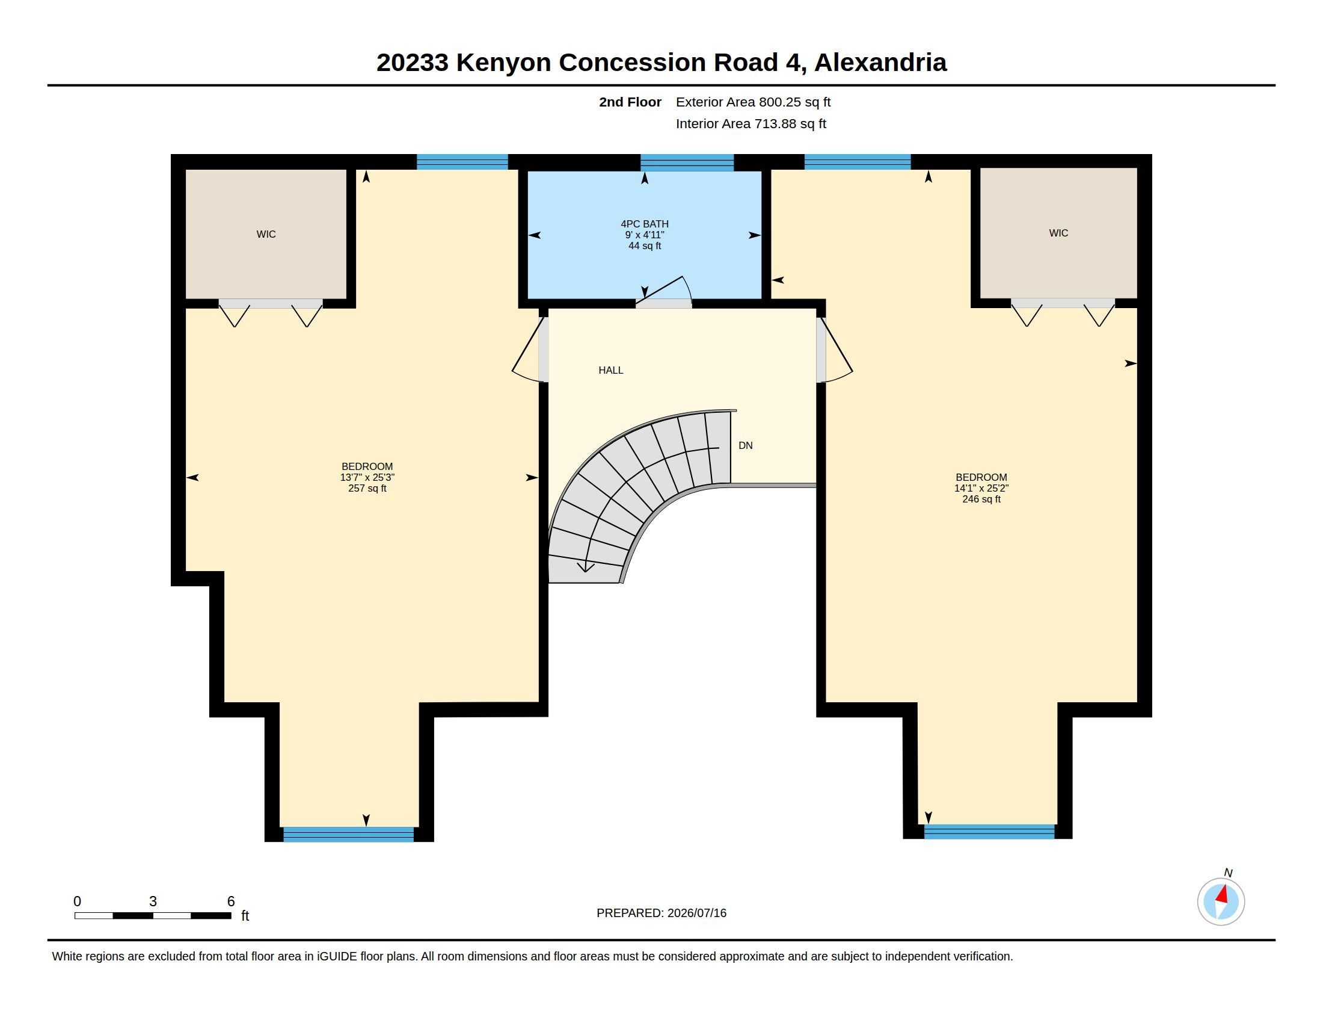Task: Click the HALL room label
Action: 610,370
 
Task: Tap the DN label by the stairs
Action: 745,445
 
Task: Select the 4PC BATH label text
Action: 645,224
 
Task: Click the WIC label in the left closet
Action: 266,234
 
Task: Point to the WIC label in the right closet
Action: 1058,233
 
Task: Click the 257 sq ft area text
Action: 367,489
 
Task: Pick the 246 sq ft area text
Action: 981,499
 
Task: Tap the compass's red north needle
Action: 1223,894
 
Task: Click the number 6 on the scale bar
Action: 231,901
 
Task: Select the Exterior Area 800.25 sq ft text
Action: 753,102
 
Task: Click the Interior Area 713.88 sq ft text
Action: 751,123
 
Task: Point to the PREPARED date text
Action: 661,913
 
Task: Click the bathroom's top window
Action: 687,162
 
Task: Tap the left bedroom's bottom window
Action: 348,834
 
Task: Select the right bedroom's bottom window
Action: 989,832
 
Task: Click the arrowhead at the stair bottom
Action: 585,568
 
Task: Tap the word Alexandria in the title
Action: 880,63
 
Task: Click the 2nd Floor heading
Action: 630,102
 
